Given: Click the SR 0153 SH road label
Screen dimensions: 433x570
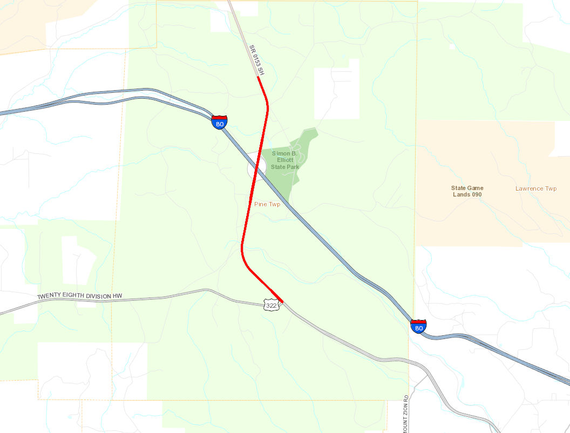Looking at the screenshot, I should pyautogui.click(x=257, y=59).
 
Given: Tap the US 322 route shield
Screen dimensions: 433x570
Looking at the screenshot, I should pyautogui.click(x=271, y=306).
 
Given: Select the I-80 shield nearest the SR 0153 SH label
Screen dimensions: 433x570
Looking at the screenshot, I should pyautogui.click(x=219, y=122).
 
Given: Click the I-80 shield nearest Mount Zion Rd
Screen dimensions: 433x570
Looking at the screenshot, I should pyautogui.click(x=418, y=326).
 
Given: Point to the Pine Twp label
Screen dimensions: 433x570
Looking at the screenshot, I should pyautogui.click(x=268, y=204).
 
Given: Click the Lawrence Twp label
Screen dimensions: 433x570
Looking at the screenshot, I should pyautogui.click(x=535, y=188).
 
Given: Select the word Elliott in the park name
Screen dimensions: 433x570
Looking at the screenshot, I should pyautogui.click(x=286, y=160).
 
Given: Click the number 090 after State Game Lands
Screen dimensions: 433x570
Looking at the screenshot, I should pyautogui.click(x=476, y=194).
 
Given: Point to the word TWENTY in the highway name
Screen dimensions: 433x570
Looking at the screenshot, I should pyautogui.click(x=49, y=297).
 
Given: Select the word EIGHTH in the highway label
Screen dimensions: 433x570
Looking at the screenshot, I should pyautogui.click(x=74, y=297).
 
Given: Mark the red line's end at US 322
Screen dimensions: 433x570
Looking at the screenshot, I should pyautogui.click(x=282, y=301).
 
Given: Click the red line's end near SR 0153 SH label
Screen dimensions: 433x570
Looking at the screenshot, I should pyautogui.click(x=258, y=78).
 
